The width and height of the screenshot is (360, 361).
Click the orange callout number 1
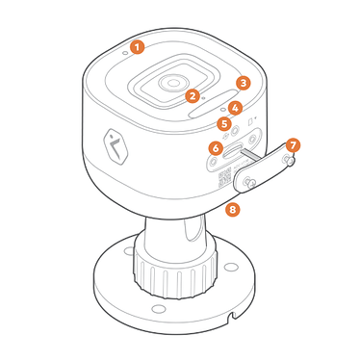[x=137, y=47]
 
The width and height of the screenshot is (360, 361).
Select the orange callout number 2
[x=193, y=96]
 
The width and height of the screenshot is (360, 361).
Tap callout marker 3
[x=244, y=83]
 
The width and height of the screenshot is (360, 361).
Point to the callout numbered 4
[x=235, y=108]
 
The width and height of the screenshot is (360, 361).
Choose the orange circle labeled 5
[x=224, y=124]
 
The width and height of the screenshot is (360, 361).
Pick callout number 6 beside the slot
[x=216, y=148]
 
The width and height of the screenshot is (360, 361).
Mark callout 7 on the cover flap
[x=293, y=146]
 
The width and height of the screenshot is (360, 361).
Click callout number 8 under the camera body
[x=233, y=210]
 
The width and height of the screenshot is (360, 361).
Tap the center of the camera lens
[x=173, y=83]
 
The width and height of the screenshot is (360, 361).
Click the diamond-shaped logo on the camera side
[x=116, y=147]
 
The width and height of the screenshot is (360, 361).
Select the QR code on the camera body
[x=225, y=176]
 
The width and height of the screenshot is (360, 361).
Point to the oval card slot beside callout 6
[x=233, y=151]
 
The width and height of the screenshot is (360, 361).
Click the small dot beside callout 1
[x=126, y=51]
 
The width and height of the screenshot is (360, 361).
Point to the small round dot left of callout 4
[x=223, y=110]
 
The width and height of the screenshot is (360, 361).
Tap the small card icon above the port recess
[x=251, y=121]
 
